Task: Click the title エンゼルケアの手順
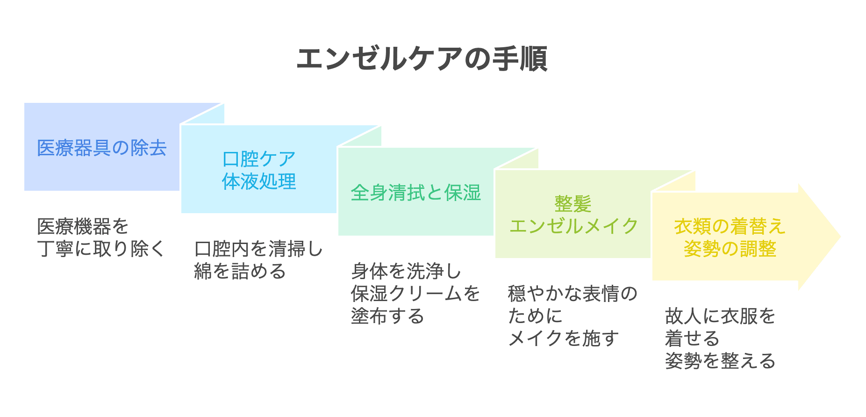pyautogui.click(x=422, y=59)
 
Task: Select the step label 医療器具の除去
pyautogui.click(x=102, y=148)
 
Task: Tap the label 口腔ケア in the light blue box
pyautogui.click(x=259, y=159)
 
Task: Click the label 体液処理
pyautogui.click(x=259, y=181)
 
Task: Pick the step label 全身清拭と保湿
pyautogui.click(x=415, y=193)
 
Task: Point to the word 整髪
pyautogui.click(x=573, y=204)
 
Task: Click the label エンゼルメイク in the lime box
pyautogui.click(x=573, y=226)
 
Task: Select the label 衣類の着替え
pyautogui.click(x=730, y=226)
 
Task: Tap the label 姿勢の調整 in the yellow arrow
pyautogui.click(x=730, y=249)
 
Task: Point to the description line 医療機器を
pyautogui.click(x=83, y=227)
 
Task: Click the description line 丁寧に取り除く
pyautogui.click(x=101, y=249)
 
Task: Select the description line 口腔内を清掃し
pyautogui.click(x=258, y=249)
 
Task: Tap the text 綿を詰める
pyautogui.click(x=240, y=271)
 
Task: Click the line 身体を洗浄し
pyautogui.click(x=406, y=271)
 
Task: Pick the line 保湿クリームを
pyautogui.click(x=415, y=294)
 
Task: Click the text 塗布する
pyautogui.click(x=387, y=316)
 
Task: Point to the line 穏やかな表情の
pyautogui.click(x=573, y=294)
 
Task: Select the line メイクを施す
pyautogui.click(x=563, y=338)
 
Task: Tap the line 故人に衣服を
pyautogui.click(x=720, y=316)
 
